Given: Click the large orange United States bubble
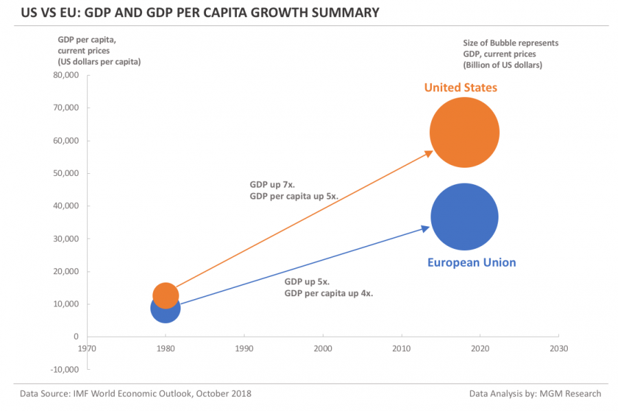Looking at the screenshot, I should point(464,133).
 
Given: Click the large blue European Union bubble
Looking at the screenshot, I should point(464,217).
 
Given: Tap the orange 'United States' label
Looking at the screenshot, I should point(460,87).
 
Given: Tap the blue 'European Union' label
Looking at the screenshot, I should point(471,263).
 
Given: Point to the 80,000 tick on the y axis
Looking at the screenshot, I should point(66,75).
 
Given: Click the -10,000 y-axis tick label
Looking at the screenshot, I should point(65,369).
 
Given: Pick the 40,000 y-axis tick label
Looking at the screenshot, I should point(66,205).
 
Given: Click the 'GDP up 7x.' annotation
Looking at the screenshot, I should point(272,185).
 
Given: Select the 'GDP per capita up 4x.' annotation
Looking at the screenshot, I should point(328,293).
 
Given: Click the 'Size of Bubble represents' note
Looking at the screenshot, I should point(510,43).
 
